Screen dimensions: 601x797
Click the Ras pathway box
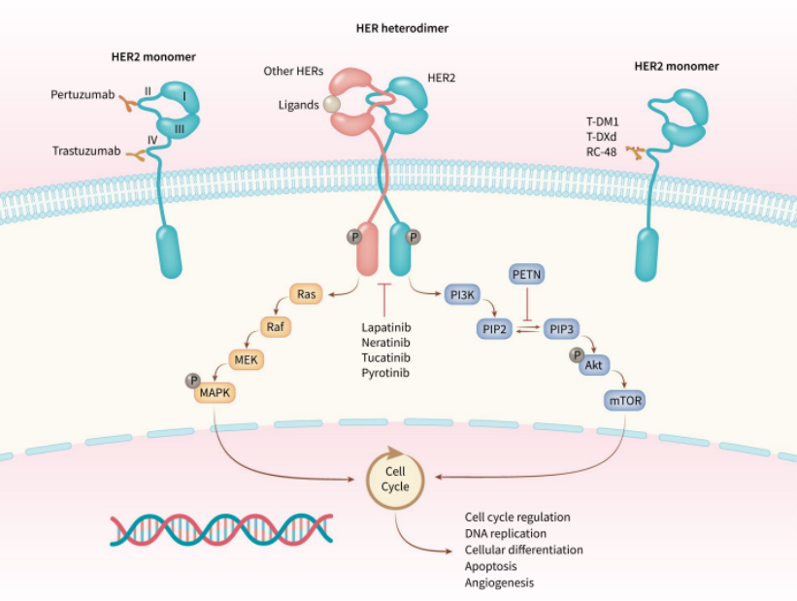click(x=306, y=292)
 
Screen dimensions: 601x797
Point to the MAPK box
click(x=216, y=394)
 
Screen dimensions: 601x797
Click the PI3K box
click(x=462, y=292)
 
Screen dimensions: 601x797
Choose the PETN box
click(x=526, y=277)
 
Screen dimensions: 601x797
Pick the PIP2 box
click(x=495, y=329)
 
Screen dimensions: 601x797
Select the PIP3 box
click(x=560, y=329)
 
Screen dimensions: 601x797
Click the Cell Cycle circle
click(x=394, y=478)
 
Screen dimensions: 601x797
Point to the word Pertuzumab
click(x=82, y=95)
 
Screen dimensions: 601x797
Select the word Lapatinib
click(x=385, y=328)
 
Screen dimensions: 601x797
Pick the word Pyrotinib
click(x=385, y=372)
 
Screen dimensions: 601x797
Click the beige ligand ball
click(x=332, y=104)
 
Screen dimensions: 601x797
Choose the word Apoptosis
click(x=491, y=565)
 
